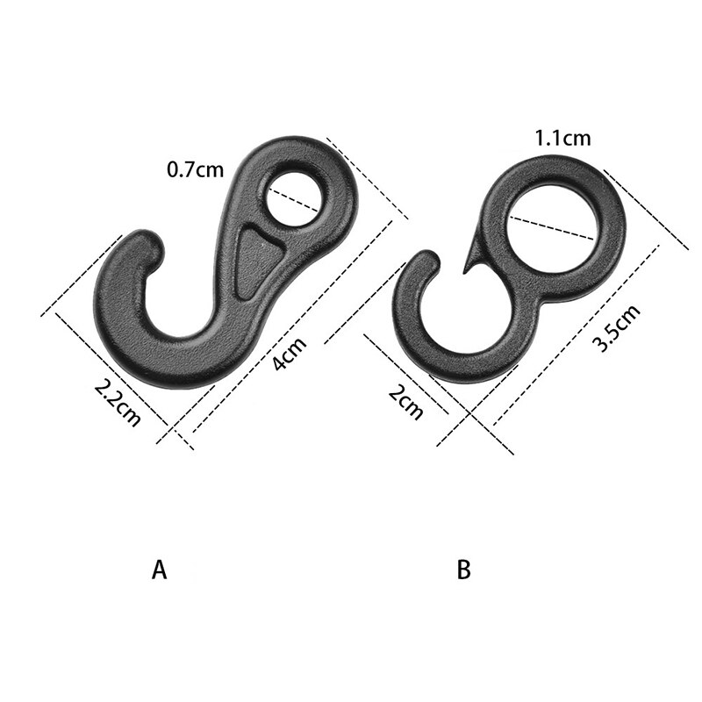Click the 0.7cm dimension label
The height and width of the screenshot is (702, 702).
pyautogui.click(x=196, y=168)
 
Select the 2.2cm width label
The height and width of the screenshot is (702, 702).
pyautogui.click(x=118, y=401)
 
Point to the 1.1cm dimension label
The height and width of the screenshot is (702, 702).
pyautogui.click(x=562, y=138)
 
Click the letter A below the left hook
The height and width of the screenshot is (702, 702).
pyautogui.click(x=159, y=570)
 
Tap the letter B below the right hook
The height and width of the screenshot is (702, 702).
pyautogui.click(x=464, y=570)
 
